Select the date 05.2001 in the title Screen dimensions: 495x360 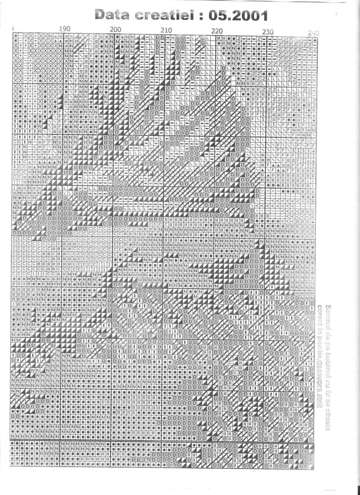coord(243,16)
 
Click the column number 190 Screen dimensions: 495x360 coord(64,29)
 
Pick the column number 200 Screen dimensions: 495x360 coord(116,29)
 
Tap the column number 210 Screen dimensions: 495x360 coord(166,30)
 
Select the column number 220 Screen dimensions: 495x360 coord(217,31)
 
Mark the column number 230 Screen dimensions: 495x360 coord(268,31)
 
